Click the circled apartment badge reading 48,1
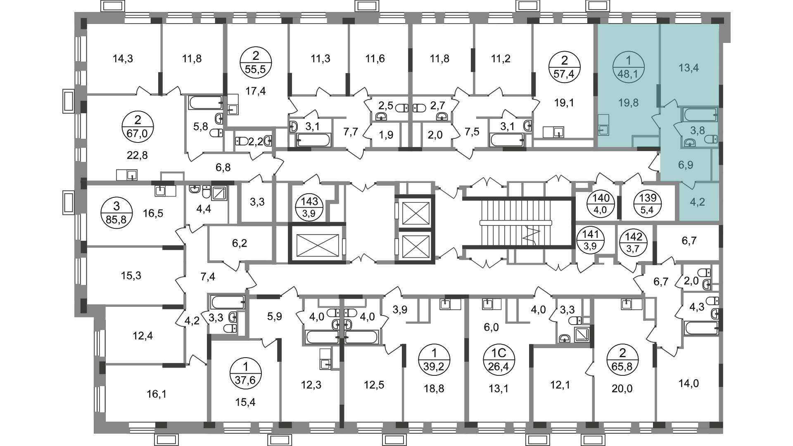629,67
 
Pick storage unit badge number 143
309,207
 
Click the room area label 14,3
123,59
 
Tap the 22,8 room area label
138,155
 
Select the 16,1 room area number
156,394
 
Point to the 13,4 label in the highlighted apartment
689,68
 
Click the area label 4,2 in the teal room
698,202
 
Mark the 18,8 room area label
434,388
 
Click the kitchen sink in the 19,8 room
603,130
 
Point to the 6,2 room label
240,243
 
